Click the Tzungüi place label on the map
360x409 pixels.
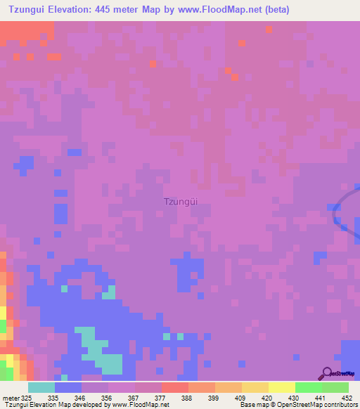click(x=180, y=200)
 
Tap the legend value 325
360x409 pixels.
click(x=27, y=398)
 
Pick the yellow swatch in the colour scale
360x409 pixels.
click(x=282, y=387)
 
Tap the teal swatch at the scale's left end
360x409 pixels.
click(x=41, y=387)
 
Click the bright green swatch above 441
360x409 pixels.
click(x=309, y=387)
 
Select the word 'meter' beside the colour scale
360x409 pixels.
click(x=11, y=398)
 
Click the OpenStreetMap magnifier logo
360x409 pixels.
click(x=327, y=373)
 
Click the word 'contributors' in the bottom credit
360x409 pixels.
click(x=341, y=405)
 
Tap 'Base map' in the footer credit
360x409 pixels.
click(x=254, y=405)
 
